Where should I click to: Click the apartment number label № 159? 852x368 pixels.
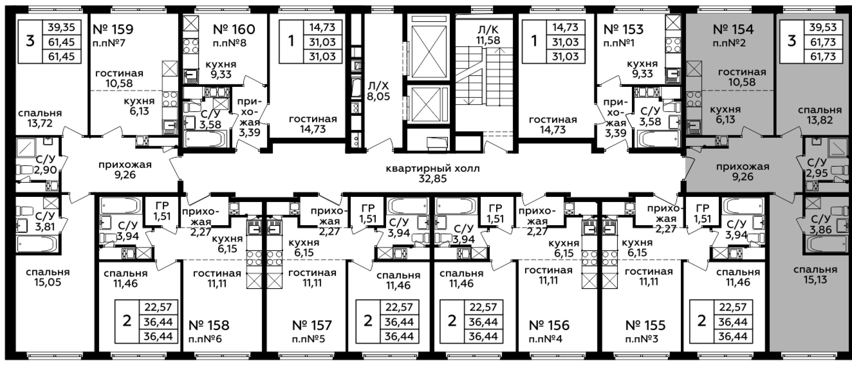[113, 29]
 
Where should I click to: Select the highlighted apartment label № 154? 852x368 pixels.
[733, 29]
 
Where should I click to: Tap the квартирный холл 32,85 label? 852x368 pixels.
[433, 174]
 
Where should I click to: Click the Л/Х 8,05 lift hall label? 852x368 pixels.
[378, 91]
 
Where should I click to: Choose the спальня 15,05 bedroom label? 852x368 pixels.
[48, 277]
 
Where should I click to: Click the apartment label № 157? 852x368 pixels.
[312, 325]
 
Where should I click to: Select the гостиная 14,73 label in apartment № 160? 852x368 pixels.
[313, 124]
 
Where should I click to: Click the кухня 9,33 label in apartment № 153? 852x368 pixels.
[642, 69]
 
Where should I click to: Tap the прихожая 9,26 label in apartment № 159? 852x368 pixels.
[125, 170]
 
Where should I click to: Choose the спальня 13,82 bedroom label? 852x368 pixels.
[820, 115]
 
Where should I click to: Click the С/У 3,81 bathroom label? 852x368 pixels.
[45, 221]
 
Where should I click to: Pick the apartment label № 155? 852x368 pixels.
[646, 325]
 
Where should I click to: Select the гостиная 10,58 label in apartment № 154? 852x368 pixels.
[742, 77]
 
